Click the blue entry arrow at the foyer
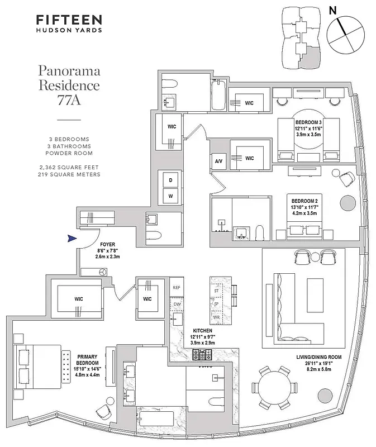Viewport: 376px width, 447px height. pyautogui.click(x=71, y=239)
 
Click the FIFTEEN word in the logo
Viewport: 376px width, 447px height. pyautogui.click(x=69, y=20)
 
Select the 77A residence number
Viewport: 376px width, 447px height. pyautogui.click(x=68, y=102)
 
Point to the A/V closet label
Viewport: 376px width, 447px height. pyautogui.click(x=218, y=161)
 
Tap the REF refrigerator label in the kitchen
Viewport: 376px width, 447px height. pyautogui.click(x=177, y=287)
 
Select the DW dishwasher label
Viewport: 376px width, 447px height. pyautogui.click(x=177, y=305)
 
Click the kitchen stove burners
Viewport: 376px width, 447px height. pyautogui.click(x=202, y=354)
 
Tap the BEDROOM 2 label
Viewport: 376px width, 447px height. pyautogui.click(x=304, y=199)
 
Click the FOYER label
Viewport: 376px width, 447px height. pyautogui.click(x=107, y=244)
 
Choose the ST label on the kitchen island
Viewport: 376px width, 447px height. pyautogui.click(x=216, y=291)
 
